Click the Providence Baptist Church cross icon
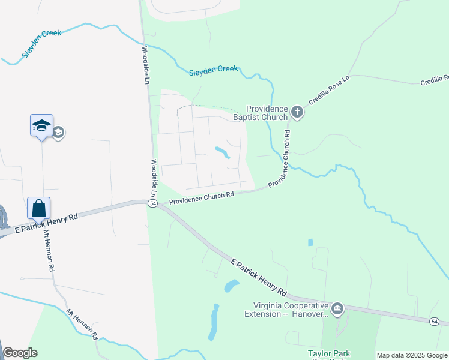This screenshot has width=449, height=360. (296, 112)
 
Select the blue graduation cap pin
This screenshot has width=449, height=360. (41, 126)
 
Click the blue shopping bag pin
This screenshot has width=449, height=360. (38, 209)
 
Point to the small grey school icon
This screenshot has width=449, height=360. (58, 133)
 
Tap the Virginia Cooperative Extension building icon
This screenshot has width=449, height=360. (337, 309)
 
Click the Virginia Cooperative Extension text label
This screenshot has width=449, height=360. (286, 310)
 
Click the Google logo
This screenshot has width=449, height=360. (20, 353)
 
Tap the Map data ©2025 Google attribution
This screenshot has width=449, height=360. (411, 355)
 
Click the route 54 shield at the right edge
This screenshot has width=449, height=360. (434, 322)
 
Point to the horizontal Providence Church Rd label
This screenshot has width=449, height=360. (200, 197)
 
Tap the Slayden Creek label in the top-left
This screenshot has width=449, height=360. (41, 43)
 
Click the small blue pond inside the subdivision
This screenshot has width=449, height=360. (222, 152)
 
